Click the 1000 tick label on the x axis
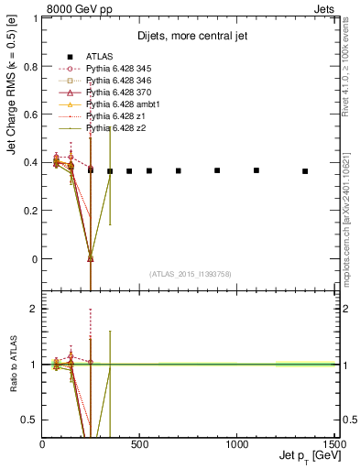pyautogui.click(x=236, y=446)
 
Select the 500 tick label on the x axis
pyautogui.click(x=139, y=446)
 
